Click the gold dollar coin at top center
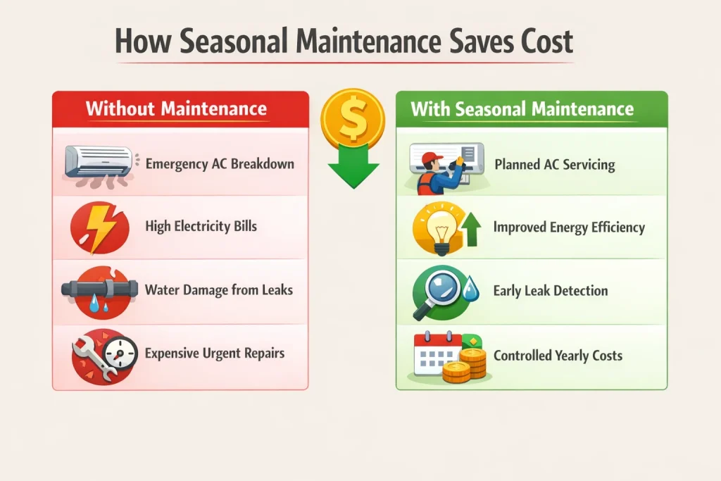click(x=353, y=117)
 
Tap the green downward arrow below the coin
click(x=353, y=166)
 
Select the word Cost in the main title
click(x=546, y=41)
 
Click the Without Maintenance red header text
click(x=176, y=108)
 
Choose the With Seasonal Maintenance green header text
click(x=522, y=109)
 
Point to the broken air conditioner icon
click(x=99, y=166)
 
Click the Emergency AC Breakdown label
click(x=220, y=164)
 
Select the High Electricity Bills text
click(x=201, y=226)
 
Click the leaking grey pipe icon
click(x=99, y=289)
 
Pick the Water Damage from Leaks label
click(x=219, y=289)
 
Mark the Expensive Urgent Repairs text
click(x=215, y=353)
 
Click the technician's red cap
click(x=432, y=158)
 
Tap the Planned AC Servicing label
click(x=555, y=165)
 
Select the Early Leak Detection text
click(x=551, y=291)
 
